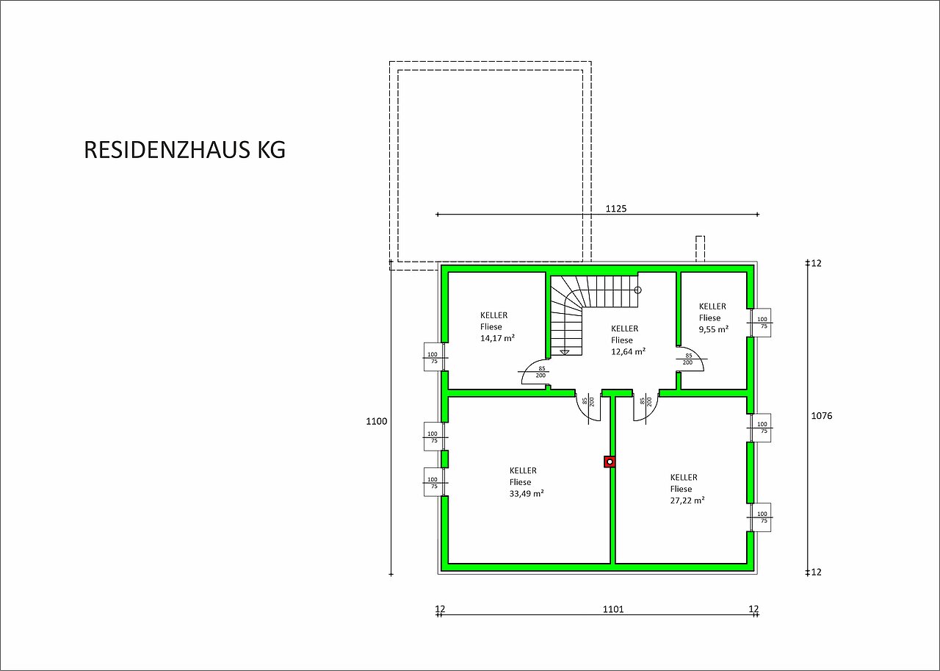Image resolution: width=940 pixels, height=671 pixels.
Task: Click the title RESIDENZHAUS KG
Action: click(184, 149)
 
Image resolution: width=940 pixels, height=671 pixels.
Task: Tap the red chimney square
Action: click(610, 462)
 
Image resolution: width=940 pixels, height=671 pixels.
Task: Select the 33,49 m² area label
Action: click(527, 494)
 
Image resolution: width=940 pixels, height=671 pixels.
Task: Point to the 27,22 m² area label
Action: click(687, 500)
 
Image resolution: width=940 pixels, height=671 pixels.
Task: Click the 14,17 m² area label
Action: click(497, 338)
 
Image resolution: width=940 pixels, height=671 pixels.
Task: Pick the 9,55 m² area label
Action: click(713, 329)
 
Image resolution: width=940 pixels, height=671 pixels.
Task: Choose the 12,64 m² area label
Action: click(628, 351)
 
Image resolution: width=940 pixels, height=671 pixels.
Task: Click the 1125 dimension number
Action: click(616, 208)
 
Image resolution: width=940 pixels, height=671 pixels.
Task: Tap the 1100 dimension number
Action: click(377, 421)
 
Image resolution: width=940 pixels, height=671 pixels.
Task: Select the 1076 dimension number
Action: click(822, 416)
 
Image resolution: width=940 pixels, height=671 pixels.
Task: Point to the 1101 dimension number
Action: click(613, 609)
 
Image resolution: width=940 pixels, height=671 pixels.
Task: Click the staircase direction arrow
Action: click(565, 352)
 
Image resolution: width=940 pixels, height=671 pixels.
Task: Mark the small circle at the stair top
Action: click(638, 290)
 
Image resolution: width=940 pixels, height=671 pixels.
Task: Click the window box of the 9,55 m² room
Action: click(761, 323)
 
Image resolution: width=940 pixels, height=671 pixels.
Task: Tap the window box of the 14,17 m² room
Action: click(434, 357)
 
